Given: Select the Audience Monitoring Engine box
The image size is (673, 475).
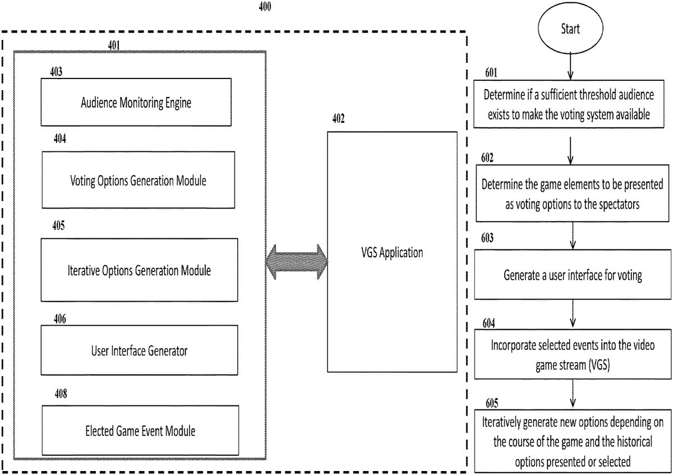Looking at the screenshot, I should click(x=136, y=102).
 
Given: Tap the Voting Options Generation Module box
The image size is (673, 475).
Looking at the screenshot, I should click(x=138, y=180).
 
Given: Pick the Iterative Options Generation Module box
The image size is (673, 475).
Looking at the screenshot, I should click(x=139, y=270).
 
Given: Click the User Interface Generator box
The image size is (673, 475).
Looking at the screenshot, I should click(x=139, y=351).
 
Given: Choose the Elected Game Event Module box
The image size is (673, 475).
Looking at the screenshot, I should click(x=140, y=430).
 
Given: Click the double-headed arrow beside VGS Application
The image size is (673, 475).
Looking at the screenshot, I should click(x=297, y=261).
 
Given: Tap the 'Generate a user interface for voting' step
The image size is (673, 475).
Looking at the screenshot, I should click(x=572, y=275).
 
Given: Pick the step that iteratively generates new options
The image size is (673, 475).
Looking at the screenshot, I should click(x=572, y=442).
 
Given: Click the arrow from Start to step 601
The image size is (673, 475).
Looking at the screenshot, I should click(x=570, y=66).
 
